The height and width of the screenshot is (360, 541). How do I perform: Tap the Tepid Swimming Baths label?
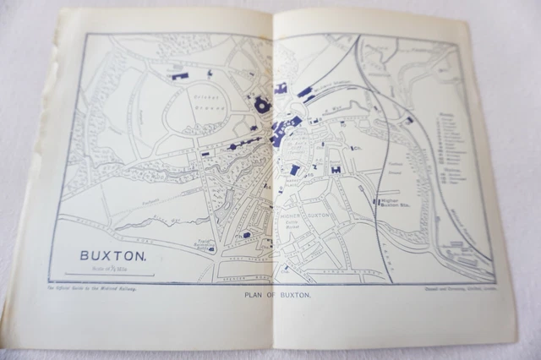point(199,244)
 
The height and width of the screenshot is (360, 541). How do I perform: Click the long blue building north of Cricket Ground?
point(179,74)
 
